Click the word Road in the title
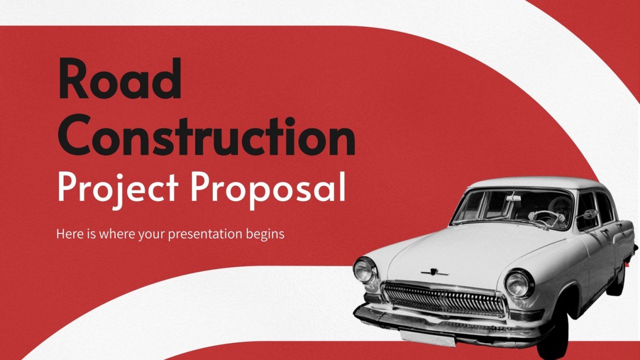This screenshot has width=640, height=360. (x=120, y=79)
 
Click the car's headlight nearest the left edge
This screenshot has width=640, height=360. (x=364, y=270)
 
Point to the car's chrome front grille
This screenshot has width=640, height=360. (x=444, y=299)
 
